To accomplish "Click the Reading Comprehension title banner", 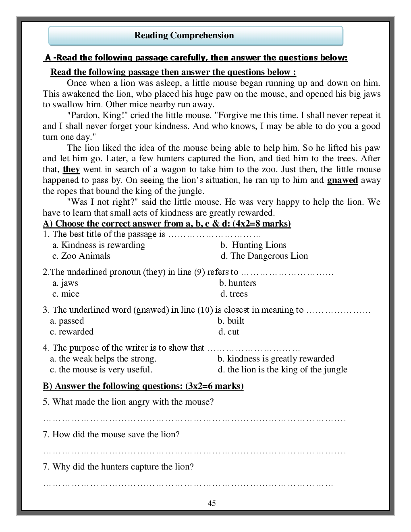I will (195, 36).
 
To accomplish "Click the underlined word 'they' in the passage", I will (71, 169).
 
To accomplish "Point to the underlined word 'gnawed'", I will (342, 180).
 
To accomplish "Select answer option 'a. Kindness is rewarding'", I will (99, 245).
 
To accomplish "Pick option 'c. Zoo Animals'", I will (81, 256).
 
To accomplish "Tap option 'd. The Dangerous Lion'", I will (264, 256).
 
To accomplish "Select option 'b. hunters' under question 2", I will (238, 283).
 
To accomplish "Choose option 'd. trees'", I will (234, 294).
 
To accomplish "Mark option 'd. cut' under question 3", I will (228, 332).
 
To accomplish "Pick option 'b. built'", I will (231, 321).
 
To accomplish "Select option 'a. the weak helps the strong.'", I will (103, 359).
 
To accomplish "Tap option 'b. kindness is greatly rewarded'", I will (276, 359).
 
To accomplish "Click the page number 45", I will (212, 503).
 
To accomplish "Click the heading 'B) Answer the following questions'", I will (143, 386).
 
